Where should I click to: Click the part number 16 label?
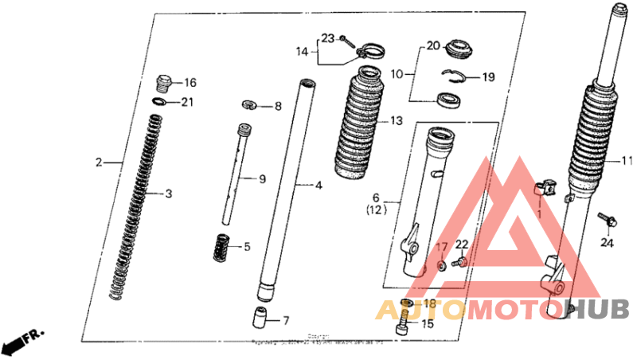click(190, 83)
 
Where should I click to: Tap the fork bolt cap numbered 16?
click(163, 82)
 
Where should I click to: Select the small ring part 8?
click(248, 105)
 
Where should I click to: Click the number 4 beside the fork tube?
click(318, 186)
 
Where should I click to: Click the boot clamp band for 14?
click(367, 52)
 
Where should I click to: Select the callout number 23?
click(327, 38)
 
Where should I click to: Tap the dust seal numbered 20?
click(459, 48)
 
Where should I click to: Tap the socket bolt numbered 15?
click(404, 325)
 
